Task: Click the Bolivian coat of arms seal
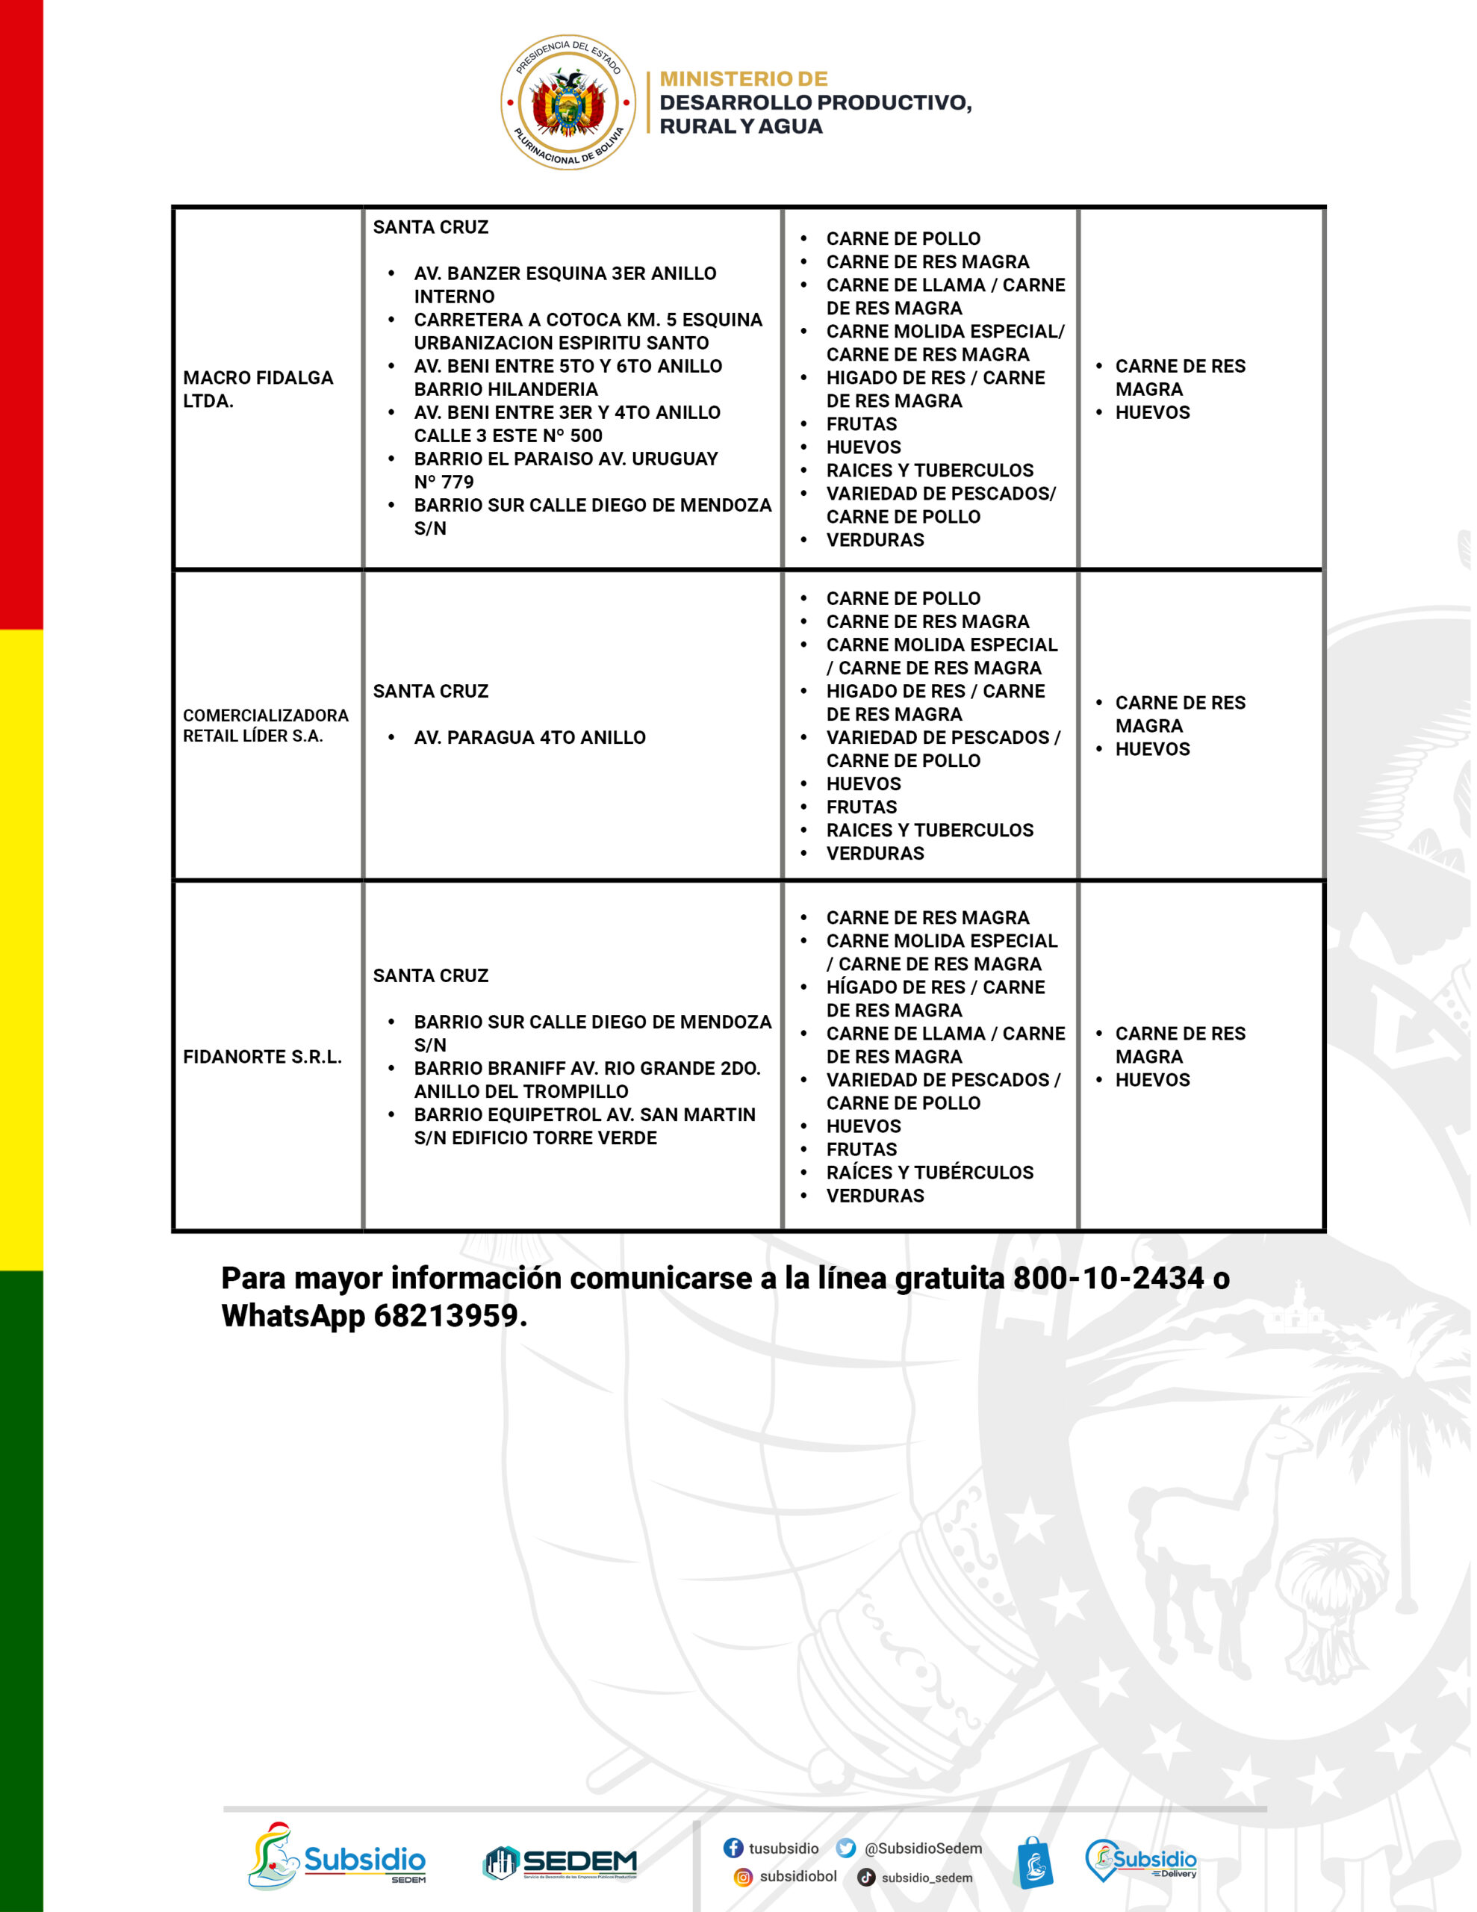(568, 102)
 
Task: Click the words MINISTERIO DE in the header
(743, 78)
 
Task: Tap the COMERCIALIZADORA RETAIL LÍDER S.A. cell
(265, 725)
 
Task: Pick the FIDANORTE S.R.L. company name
(262, 1057)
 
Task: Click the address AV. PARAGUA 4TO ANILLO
(529, 737)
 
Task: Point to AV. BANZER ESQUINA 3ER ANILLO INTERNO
(565, 285)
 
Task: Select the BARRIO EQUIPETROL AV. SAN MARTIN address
(584, 1126)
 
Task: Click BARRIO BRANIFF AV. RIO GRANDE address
(587, 1079)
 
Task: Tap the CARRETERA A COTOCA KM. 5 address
(588, 331)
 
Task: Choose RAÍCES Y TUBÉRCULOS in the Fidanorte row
(930, 1173)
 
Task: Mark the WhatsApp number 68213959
(446, 1316)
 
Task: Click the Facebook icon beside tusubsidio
(733, 1847)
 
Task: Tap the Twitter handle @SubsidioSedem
(923, 1848)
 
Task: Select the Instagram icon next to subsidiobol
(742, 1876)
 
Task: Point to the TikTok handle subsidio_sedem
(927, 1877)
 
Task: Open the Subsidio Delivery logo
(1140, 1860)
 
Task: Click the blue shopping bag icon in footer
(1034, 1862)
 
